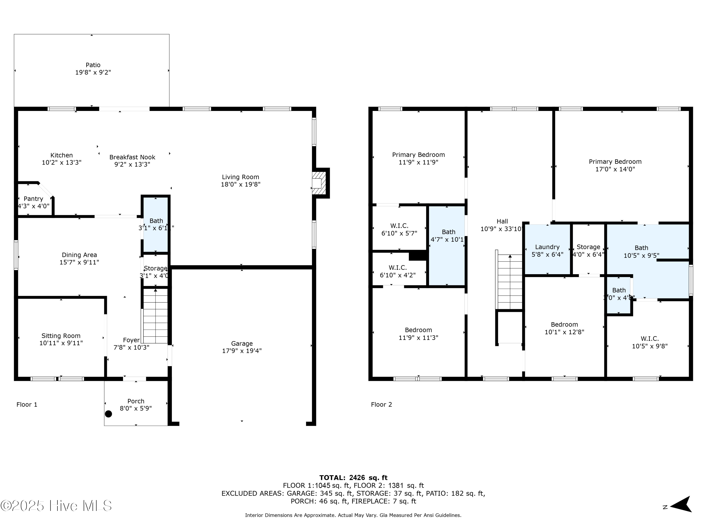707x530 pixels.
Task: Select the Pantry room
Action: pyautogui.click(x=33, y=202)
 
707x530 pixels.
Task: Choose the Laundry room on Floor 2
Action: pyautogui.click(x=547, y=250)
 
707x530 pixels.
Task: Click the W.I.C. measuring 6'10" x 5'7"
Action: pyautogui.click(x=399, y=229)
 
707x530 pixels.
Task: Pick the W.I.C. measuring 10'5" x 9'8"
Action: pyautogui.click(x=649, y=342)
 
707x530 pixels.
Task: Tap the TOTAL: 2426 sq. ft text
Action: pyautogui.click(x=353, y=478)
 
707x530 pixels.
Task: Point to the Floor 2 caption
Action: pyautogui.click(x=381, y=404)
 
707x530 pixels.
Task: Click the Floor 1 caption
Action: pyautogui.click(x=27, y=404)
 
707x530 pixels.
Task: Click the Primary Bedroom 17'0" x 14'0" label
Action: pyautogui.click(x=615, y=165)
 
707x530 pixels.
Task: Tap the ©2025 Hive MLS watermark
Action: pyautogui.click(x=56, y=506)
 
